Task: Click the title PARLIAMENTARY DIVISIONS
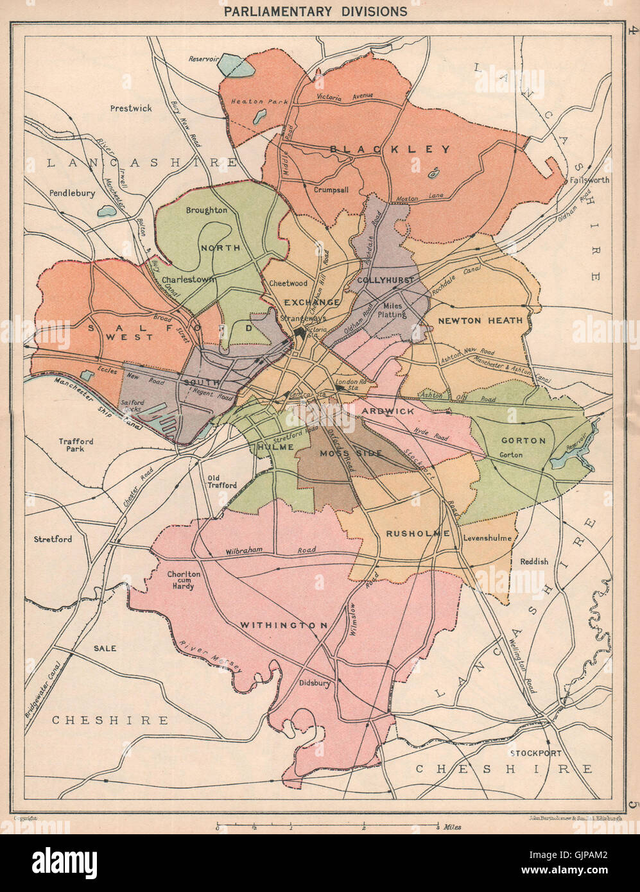[x=315, y=12]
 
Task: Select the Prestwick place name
[x=131, y=108]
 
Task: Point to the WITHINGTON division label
[x=284, y=625]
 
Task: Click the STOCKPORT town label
[x=535, y=753]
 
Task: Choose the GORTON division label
[x=523, y=441]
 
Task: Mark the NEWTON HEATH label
[x=481, y=320]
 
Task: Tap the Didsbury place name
[x=315, y=683]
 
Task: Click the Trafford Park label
[x=76, y=445]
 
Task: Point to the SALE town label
[x=105, y=648]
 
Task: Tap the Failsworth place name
[x=589, y=180]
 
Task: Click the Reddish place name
[x=534, y=562]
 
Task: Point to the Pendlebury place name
[x=72, y=193]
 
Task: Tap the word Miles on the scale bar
[x=452, y=827]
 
